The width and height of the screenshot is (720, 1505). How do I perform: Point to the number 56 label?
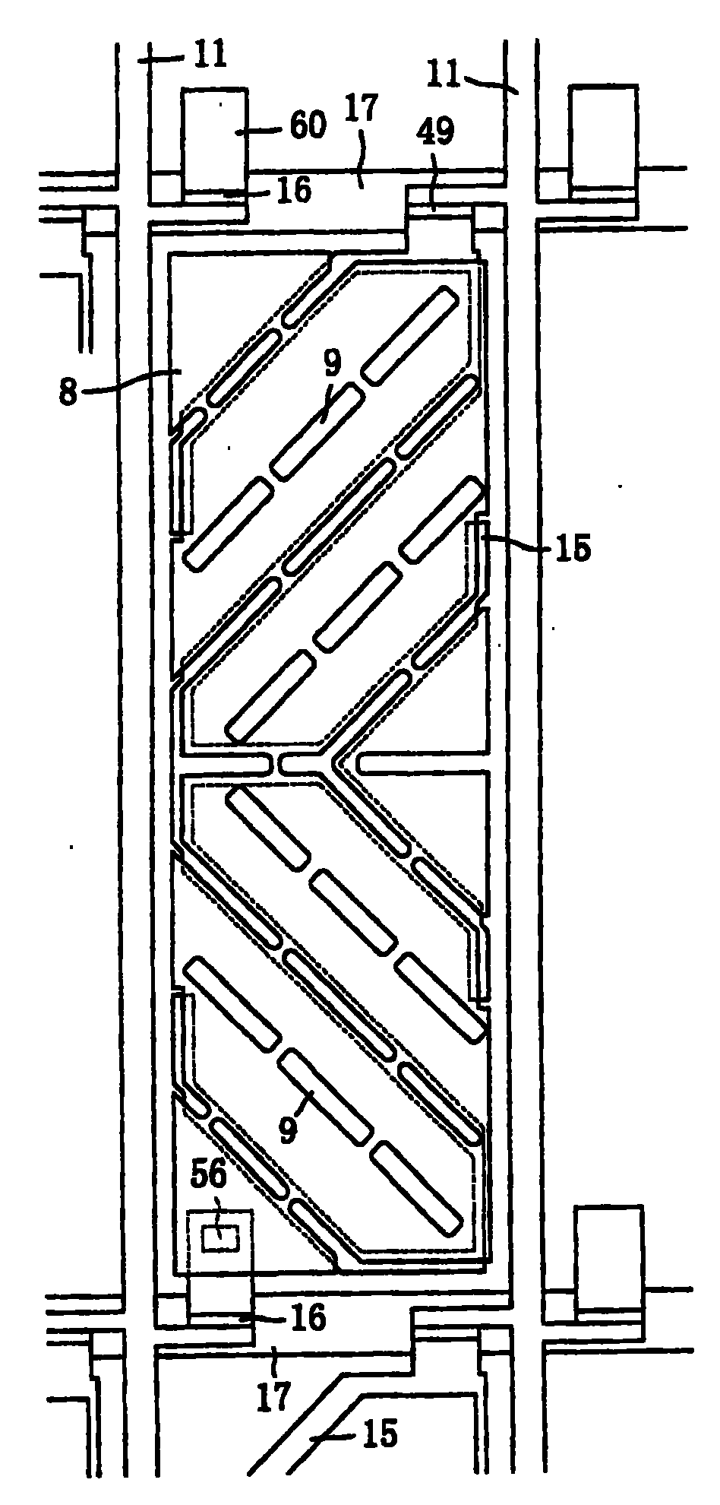(207, 1177)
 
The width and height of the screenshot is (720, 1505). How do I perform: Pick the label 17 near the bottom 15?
(275, 1395)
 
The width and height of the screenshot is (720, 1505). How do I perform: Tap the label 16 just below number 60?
(293, 191)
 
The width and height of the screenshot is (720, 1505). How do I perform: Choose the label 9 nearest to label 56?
(288, 1128)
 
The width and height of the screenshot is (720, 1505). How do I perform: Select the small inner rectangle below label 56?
(219, 1239)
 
